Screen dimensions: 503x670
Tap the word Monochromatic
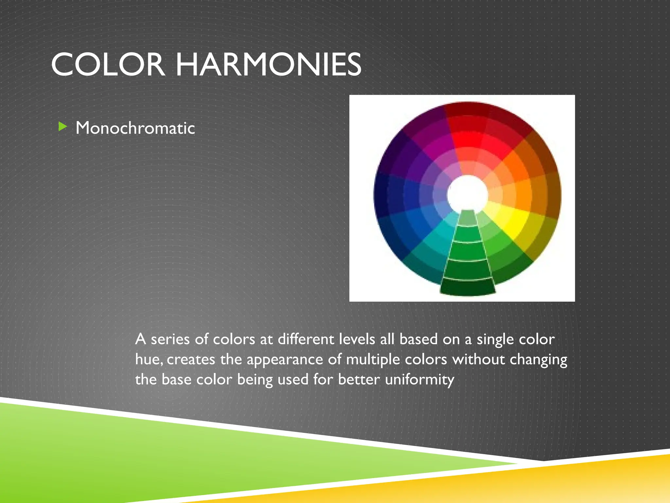(x=135, y=128)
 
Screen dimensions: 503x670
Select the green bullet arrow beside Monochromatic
(x=62, y=126)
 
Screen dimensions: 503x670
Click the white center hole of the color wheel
(x=467, y=194)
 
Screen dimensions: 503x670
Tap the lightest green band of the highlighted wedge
(x=468, y=218)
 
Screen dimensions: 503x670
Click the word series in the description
(x=170, y=339)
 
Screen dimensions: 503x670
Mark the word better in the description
(x=359, y=380)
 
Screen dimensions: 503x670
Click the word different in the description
(x=306, y=339)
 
